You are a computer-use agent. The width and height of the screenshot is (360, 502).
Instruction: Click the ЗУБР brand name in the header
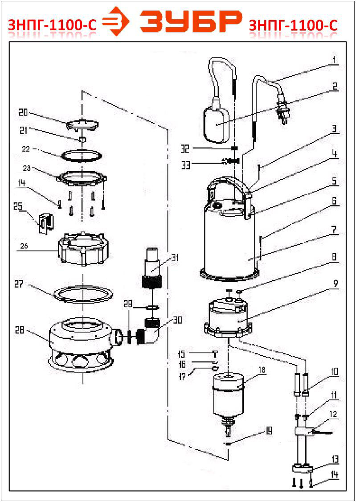coord(191,21)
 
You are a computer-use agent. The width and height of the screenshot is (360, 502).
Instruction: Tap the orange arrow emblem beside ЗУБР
coord(116,21)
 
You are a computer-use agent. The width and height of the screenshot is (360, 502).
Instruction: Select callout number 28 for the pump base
coord(20,329)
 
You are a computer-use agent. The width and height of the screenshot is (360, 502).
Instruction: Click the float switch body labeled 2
coord(217,124)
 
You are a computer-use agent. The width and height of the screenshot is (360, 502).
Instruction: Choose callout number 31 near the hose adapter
coord(175,258)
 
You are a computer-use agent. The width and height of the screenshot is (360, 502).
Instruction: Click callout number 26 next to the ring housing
coord(24,246)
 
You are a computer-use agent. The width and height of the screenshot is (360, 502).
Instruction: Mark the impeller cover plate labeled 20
coord(82,124)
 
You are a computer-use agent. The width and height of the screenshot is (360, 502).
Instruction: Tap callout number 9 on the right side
coord(335,284)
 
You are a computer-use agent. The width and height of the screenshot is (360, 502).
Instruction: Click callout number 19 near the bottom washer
coord(269,431)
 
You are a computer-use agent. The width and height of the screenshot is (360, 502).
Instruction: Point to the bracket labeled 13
coord(303,469)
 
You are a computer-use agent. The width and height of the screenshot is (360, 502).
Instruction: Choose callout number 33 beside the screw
coord(186,165)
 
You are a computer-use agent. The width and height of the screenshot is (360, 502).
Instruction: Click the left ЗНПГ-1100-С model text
coord(52,25)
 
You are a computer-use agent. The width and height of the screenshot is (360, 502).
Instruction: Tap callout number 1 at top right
coord(335,60)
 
